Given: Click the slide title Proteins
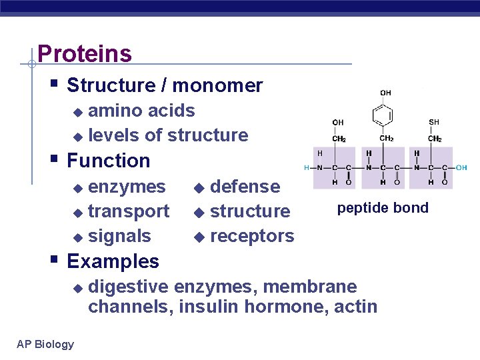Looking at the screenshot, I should coord(85,53).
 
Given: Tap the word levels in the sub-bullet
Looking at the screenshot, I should coord(114,135).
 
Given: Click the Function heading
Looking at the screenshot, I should coord(109,161).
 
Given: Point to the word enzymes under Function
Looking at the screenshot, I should coord(127,187).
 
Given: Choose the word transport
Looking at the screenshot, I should coord(129,211).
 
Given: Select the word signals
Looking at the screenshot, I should coord(119,236).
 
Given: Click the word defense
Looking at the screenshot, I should coord(245,187).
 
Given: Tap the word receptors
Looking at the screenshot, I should coord(251,236).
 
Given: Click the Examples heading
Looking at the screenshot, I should coord(113,261).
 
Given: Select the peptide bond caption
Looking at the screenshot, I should coord(383,208).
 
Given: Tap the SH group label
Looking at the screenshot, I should coord(434,122).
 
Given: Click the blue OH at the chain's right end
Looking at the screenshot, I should coord(461,167).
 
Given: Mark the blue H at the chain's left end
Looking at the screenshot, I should coord(307,167).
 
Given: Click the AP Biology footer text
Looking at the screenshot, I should coord(45,344).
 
